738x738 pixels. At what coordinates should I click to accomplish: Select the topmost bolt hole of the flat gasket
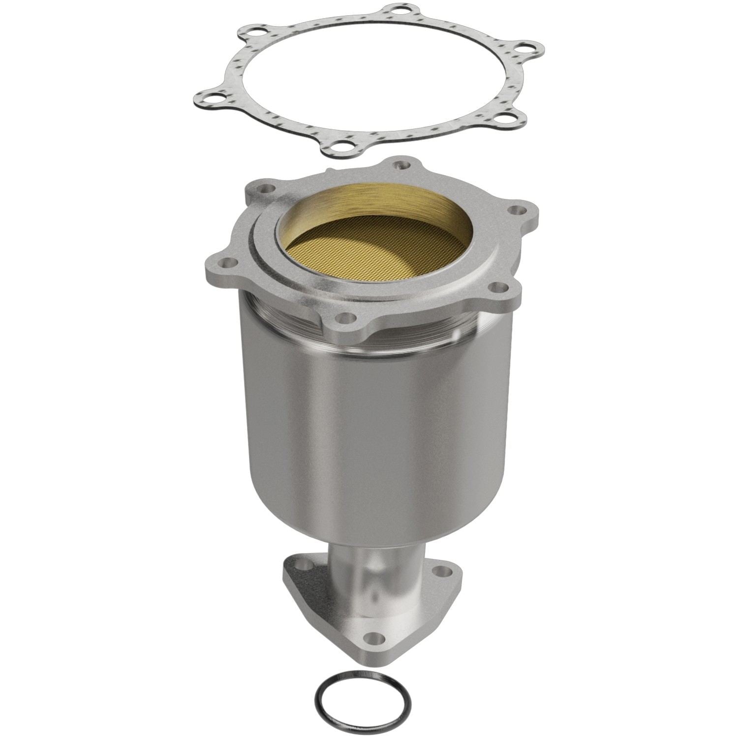click(x=394, y=10)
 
